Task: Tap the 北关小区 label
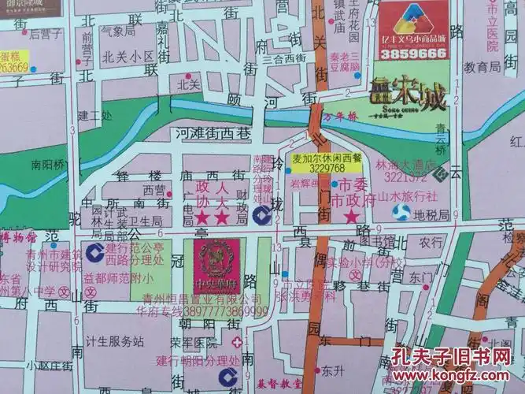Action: (x=128, y=57)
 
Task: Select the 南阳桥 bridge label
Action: (x=50, y=166)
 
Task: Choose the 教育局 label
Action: (x=482, y=69)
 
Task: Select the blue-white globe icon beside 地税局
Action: (x=402, y=212)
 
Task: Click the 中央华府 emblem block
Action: (x=212, y=264)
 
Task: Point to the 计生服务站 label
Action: (x=116, y=341)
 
